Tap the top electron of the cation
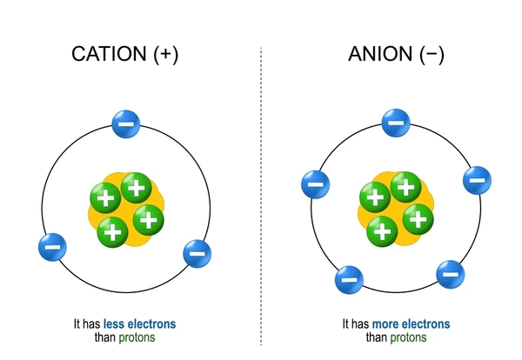125,123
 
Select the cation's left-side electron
52,246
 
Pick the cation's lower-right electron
197,255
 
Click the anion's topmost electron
396,123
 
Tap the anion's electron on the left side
314,183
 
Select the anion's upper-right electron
476,180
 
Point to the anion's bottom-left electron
348,280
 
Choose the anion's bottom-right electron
450,274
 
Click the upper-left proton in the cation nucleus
105,198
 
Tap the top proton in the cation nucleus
134,186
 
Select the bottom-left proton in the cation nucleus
110,230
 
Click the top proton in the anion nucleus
403,185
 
